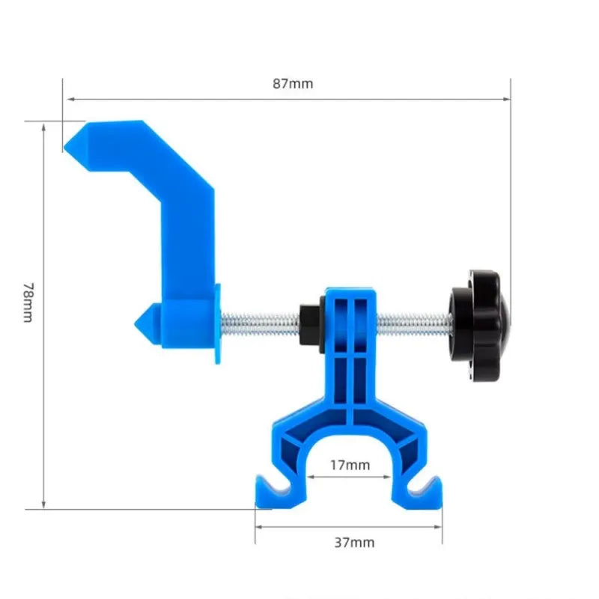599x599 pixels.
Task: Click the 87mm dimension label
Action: pos(292,84)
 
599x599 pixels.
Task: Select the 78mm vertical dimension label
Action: pos(28,302)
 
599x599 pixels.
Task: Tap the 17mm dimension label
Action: pos(350,465)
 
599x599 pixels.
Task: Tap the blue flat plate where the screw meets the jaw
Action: pos(218,323)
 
